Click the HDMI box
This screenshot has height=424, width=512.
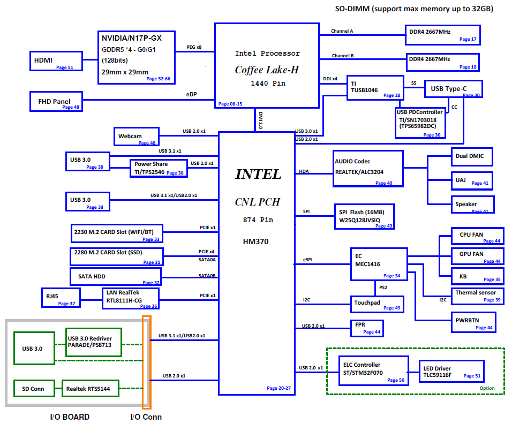pyautogui.click(x=55, y=61)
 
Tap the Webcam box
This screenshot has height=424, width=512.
pyautogui.click(x=137, y=137)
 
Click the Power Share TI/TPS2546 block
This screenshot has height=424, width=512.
pyautogui.click(x=158, y=168)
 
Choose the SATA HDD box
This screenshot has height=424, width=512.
pyautogui.click(x=115, y=276)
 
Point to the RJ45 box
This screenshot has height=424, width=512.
pyautogui.click(x=61, y=297)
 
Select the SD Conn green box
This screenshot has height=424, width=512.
pyautogui.click(x=33, y=389)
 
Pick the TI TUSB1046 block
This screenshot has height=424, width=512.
pyautogui.click(x=375, y=87)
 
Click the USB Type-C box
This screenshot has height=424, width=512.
pyautogui.click(x=453, y=89)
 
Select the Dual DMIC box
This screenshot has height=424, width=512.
pyautogui.click(x=471, y=156)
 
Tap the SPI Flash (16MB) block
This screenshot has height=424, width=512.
pyautogui.click(x=365, y=216)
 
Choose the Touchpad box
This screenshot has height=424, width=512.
pyautogui.click(x=377, y=304)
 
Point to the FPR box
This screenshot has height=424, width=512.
pyautogui.click(x=367, y=328)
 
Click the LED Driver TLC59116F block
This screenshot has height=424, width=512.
pyautogui.click(x=450, y=372)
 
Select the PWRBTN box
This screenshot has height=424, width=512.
pyautogui.click(x=472, y=323)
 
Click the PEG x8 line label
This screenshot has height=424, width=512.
pyautogui.click(x=194, y=47)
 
